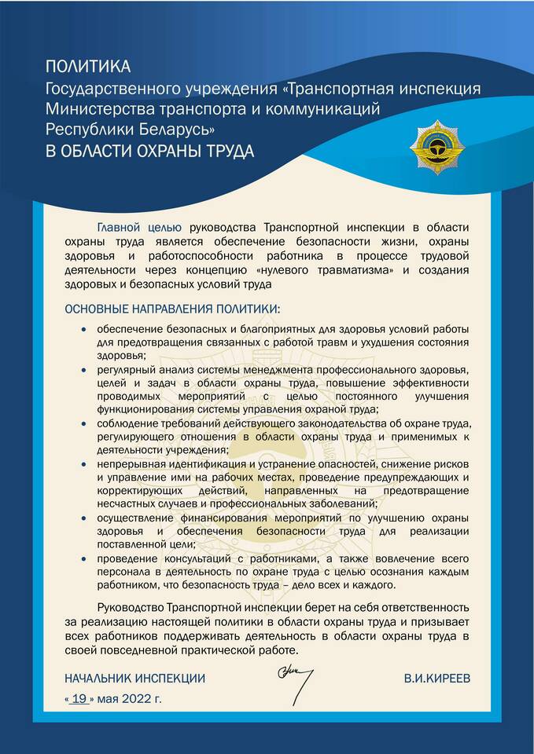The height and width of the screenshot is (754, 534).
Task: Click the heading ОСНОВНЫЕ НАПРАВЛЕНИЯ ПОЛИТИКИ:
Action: (171, 307)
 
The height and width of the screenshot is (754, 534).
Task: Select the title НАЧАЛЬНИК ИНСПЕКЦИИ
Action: (134, 677)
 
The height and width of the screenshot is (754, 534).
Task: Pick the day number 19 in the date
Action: (78, 697)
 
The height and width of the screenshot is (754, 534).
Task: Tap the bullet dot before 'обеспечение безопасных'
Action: (84, 329)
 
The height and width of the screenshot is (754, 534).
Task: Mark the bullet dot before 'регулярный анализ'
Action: (84, 368)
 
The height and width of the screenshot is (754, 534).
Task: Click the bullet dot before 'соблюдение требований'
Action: (84, 422)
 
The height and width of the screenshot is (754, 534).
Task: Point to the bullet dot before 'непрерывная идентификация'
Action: (84, 463)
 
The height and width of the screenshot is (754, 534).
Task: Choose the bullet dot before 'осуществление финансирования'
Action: (84, 518)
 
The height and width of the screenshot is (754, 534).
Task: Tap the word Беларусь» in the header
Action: (173, 129)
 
